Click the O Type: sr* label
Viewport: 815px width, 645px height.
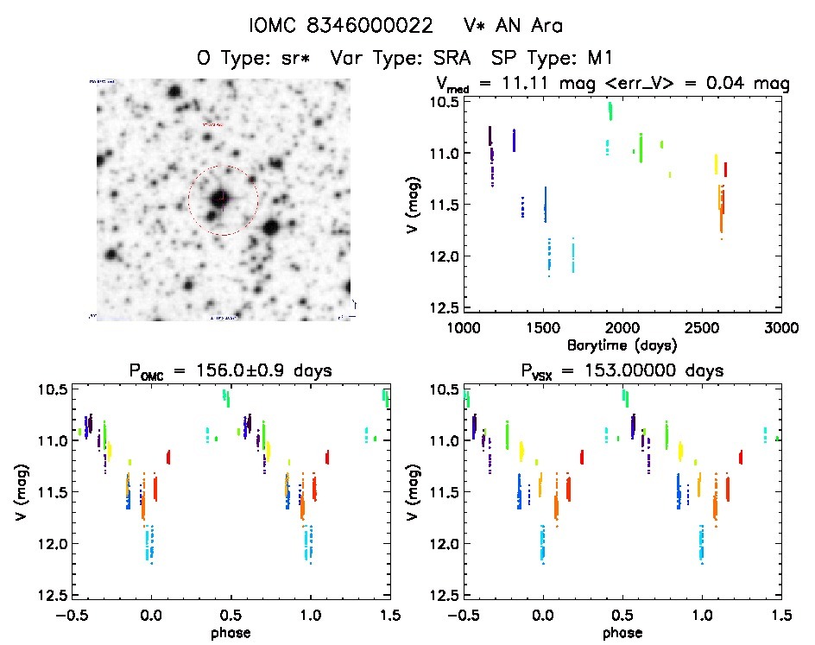click(x=254, y=60)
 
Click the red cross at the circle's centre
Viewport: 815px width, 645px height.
click(x=222, y=199)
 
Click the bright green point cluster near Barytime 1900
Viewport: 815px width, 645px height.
click(x=610, y=111)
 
